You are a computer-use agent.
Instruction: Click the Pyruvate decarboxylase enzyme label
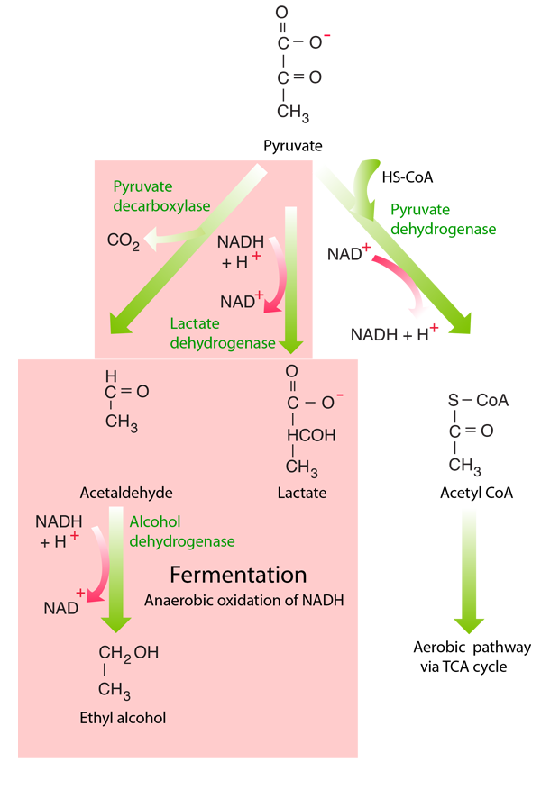pyautogui.click(x=161, y=196)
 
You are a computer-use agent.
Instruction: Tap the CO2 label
pyautogui.click(x=123, y=240)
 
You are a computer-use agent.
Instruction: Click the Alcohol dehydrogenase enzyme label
pyautogui.click(x=181, y=531)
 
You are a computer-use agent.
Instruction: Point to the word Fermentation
pyautogui.click(x=239, y=576)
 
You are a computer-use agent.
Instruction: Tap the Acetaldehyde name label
pyautogui.click(x=125, y=494)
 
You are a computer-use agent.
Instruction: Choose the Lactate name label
pyautogui.click(x=302, y=494)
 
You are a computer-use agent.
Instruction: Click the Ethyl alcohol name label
pyautogui.click(x=123, y=718)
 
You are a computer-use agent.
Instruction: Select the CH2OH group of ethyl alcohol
pyautogui.click(x=128, y=653)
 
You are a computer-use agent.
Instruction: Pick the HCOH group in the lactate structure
pyautogui.click(x=310, y=436)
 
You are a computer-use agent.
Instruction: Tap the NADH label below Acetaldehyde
pyautogui.click(x=58, y=521)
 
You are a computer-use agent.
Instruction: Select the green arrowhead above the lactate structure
pyautogui.click(x=290, y=342)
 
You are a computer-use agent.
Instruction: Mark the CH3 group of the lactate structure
pyautogui.click(x=302, y=467)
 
